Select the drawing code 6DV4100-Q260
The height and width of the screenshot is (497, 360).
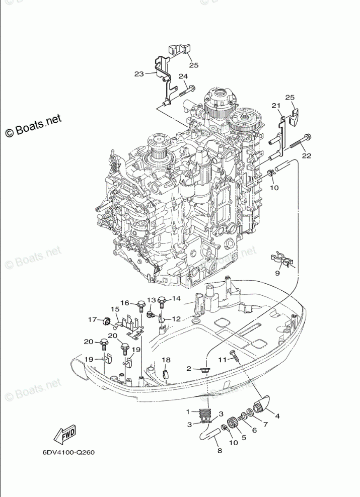click(68, 451)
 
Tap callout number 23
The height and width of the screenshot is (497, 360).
click(139, 74)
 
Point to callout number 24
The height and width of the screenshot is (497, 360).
click(182, 76)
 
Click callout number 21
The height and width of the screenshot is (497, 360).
click(275, 106)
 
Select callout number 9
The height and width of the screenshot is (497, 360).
click(277, 273)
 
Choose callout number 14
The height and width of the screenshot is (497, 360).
click(176, 298)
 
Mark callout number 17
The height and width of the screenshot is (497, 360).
click(92, 319)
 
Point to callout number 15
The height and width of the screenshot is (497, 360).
click(115, 309)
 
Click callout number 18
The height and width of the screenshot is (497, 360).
click(166, 360)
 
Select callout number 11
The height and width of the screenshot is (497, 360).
click(223, 359)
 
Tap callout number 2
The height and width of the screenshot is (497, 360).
click(189, 369)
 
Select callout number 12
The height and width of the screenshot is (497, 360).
click(176, 319)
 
